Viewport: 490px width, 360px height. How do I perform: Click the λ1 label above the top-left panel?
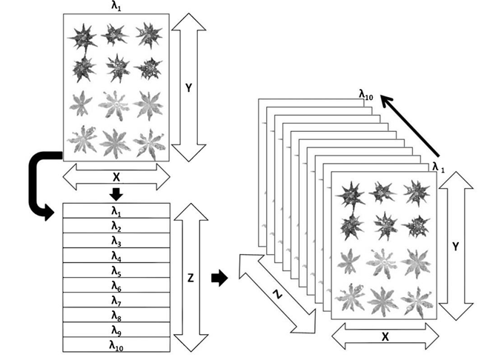point(116,6)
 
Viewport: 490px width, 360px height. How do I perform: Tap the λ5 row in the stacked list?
point(116,270)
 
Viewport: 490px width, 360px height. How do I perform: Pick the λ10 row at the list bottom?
point(116,344)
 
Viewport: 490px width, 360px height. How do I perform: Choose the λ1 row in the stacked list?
point(116,211)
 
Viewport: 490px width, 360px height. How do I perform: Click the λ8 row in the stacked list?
point(116,315)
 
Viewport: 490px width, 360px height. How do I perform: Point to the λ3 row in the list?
point(116,241)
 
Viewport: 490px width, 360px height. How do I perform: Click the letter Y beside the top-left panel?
point(188,87)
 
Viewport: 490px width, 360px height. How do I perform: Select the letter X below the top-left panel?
point(116,178)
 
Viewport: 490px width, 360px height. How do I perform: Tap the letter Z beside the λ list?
point(191,279)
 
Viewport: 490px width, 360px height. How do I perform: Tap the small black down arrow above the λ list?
point(116,194)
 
